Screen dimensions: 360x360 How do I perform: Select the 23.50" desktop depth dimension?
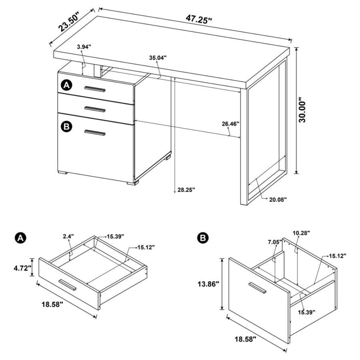[70, 22]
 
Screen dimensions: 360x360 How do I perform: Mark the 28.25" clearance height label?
[186, 190]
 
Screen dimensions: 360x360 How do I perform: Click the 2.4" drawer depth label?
[68, 236]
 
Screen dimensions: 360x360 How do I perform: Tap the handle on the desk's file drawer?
[95, 133]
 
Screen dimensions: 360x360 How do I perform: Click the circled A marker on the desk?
[66, 85]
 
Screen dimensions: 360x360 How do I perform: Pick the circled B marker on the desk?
[66, 127]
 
